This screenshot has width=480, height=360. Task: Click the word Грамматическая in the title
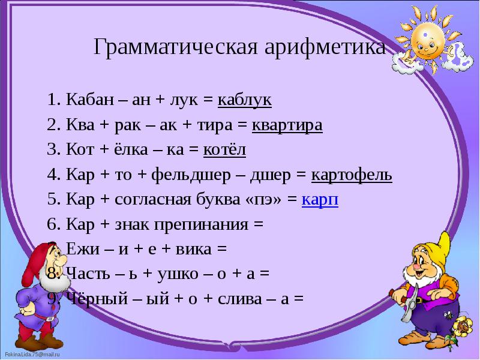coord(175,47)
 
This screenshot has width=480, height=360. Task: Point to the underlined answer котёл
coord(225,150)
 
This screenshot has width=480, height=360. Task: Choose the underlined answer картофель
coord(352,175)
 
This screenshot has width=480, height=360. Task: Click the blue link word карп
coord(320,200)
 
